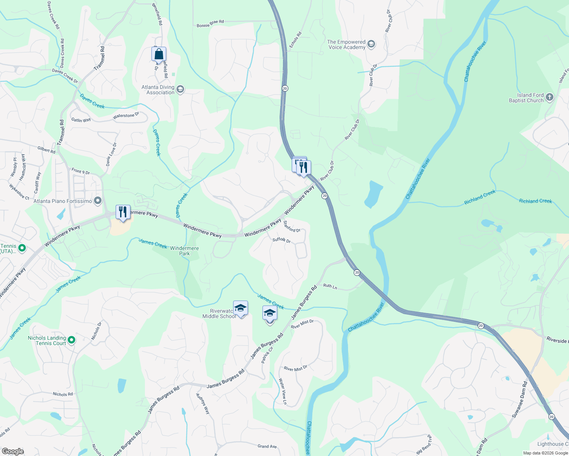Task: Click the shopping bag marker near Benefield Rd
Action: pos(159,54)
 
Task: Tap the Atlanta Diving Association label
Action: pos(158,90)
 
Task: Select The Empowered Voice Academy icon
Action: pos(371,44)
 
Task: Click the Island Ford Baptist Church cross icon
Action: pos(549,98)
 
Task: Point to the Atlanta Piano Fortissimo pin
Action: pos(98,201)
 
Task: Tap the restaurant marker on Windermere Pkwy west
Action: pos(123,212)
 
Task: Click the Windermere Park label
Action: pos(184,251)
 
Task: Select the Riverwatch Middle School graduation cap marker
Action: pos(240,308)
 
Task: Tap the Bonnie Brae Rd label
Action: pos(210,24)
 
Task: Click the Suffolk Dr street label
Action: pos(281,240)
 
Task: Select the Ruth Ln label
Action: pos(330,286)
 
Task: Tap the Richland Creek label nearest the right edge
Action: pos(535,201)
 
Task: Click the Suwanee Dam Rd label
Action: pos(520,400)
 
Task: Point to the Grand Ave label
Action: pos(267,446)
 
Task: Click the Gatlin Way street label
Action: pos(81,120)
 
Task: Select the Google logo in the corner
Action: pos(13,451)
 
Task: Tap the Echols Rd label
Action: pos(295,40)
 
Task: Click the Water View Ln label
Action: pos(283,391)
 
